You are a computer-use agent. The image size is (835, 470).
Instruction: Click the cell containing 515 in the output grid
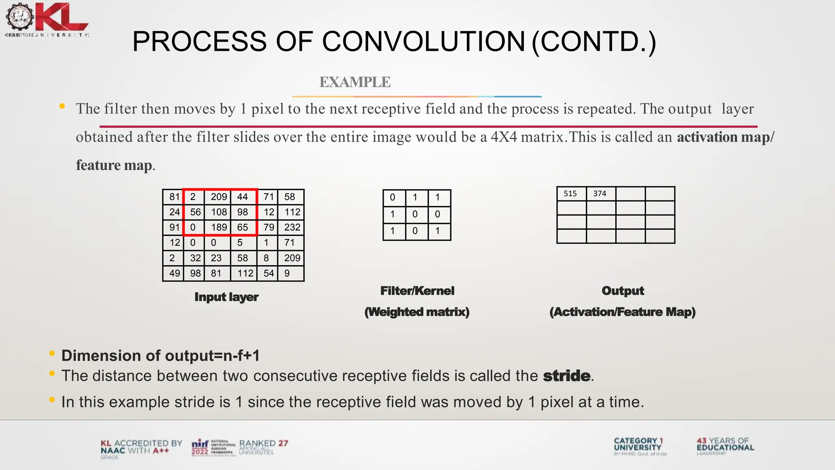point(570,193)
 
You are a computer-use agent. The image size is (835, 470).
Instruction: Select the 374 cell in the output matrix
point(600,193)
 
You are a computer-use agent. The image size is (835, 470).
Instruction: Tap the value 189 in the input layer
point(219,227)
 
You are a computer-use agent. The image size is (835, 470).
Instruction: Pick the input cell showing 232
point(292,227)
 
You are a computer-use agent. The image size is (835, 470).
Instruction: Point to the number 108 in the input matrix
point(219,212)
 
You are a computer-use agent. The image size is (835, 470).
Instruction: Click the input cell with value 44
point(243,197)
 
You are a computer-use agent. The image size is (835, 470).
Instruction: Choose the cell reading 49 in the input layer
point(175,273)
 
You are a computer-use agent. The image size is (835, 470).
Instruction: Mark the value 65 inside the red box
point(243,227)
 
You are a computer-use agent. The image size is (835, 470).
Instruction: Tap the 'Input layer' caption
point(226,297)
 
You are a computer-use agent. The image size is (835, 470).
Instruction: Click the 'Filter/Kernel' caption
point(417,291)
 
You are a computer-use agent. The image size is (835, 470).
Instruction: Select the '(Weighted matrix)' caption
point(417,312)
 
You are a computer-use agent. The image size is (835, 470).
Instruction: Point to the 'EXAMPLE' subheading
point(355,82)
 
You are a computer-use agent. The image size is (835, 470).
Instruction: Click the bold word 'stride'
point(566,376)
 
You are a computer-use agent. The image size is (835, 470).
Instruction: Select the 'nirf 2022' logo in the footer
point(200,447)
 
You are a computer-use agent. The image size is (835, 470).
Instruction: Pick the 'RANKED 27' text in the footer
point(263,443)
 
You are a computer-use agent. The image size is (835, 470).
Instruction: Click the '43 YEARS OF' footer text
point(722,441)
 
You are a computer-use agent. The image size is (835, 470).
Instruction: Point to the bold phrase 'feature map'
point(114,165)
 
